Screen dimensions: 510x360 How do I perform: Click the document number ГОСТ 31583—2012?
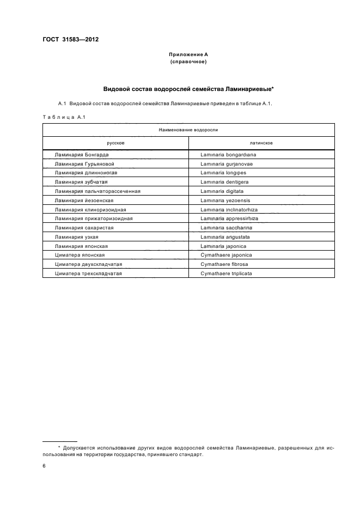point(66,40)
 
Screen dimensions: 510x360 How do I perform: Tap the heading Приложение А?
point(188,54)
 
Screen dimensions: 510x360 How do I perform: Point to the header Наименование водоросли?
point(188,130)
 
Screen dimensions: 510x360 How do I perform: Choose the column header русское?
point(115,143)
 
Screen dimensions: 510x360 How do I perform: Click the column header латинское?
point(261,143)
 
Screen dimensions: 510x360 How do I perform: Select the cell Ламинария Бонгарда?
point(78,155)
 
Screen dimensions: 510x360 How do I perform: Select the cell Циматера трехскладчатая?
point(88,274)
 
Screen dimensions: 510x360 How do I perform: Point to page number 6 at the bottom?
point(44,466)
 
